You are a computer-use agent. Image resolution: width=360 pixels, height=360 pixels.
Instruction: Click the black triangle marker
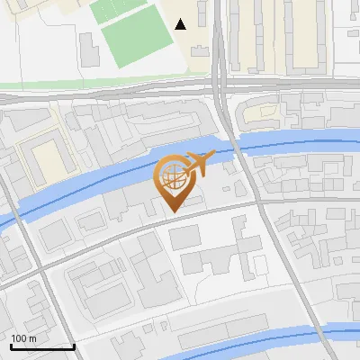coord(181,24)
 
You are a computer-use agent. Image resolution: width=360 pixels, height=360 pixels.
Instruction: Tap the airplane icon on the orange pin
coord(197,165)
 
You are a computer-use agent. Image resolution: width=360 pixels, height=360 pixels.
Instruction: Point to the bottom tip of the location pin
coord(173,212)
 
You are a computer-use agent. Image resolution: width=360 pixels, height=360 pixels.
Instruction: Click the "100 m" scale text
coord(24,338)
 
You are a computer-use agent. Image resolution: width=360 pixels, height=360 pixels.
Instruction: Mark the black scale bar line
coord(42,346)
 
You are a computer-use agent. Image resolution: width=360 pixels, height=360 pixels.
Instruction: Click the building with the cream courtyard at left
coord(45,157)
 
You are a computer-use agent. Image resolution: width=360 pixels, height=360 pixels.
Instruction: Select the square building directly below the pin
coord(184,237)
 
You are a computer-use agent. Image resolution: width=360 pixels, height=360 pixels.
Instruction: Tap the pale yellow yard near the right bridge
coord(261,114)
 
